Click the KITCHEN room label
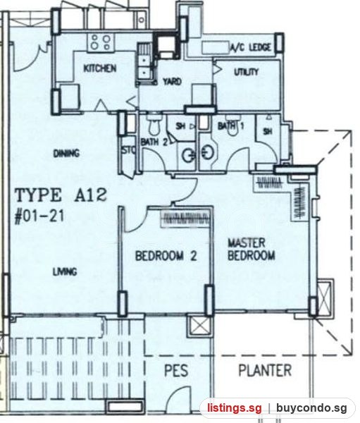coord(100,68)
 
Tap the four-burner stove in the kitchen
coord(101,42)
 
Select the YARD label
coord(172,81)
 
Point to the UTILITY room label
coord(246,72)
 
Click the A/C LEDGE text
coord(251,47)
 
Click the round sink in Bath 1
coord(208,153)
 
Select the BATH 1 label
coord(230,125)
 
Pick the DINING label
coord(66,154)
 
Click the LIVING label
coord(65,271)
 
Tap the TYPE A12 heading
coord(61,195)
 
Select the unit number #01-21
coord(39,216)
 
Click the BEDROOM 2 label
coord(166,256)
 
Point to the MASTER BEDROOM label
coord(252,249)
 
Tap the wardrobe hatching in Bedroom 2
coord(185,219)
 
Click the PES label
coord(176,370)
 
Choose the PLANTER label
coord(265,370)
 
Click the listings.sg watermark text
coord(235,407)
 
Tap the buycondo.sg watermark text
coord(311,407)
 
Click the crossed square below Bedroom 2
coord(199,326)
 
